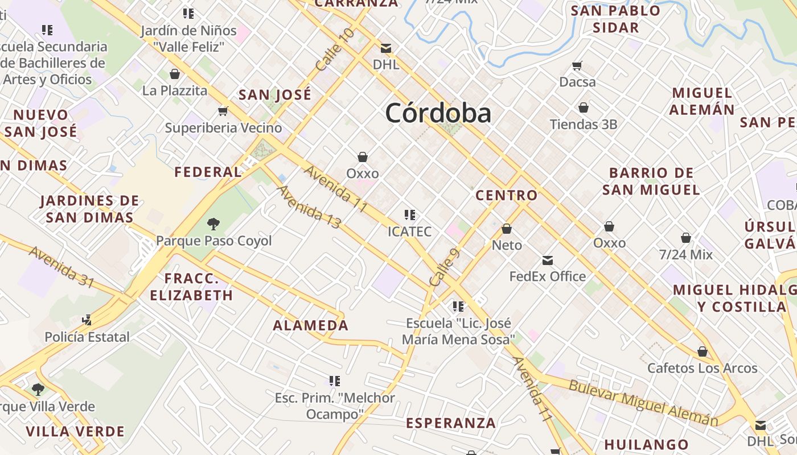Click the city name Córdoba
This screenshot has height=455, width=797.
[438, 113]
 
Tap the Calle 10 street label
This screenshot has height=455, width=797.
[334, 50]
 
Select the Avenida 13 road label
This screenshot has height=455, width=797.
[309, 207]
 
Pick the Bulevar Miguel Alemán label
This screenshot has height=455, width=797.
[643, 402]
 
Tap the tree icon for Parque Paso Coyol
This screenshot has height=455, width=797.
[213, 224]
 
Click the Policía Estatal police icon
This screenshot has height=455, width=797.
[87, 320]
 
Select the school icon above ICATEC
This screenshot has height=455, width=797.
[409, 215]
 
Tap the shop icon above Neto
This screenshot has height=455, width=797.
[507, 229]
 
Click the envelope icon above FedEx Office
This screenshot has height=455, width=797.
[547, 260]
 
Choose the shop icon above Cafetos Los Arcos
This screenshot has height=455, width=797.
[702, 351]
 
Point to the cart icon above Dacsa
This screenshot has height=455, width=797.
[577, 65]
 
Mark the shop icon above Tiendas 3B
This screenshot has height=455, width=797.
[584, 107]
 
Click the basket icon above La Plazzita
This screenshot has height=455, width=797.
[175, 74]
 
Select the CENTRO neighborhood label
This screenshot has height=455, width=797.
[507, 196]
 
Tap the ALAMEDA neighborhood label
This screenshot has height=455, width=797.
[310, 326]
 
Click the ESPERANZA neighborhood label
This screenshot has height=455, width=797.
[451, 423]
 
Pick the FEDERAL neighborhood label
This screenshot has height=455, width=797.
[208, 172]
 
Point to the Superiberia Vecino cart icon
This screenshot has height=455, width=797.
[223, 111]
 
